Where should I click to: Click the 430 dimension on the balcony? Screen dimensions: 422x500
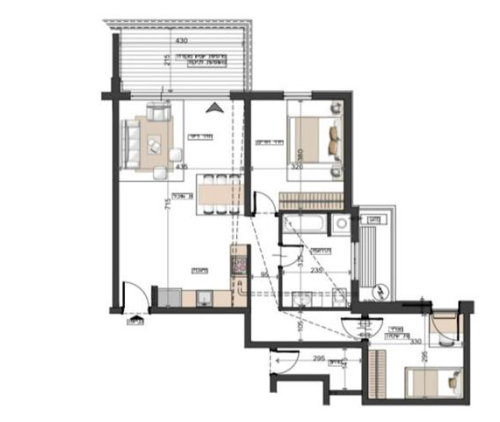click(182, 40)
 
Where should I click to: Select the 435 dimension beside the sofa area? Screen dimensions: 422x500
click(182, 166)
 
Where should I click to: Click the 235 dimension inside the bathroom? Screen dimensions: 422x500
click(316, 271)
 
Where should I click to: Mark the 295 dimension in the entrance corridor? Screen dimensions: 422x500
click(319, 360)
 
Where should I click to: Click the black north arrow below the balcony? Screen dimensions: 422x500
click(212, 108)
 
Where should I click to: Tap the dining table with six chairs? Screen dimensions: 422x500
click(219, 192)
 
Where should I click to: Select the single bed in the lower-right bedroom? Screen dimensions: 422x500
click(431, 383)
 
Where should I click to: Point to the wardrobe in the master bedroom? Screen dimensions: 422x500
click(310, 199)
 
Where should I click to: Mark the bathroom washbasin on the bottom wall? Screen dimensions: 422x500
click(302, 297)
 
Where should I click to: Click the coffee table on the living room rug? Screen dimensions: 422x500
click(154, 144)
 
